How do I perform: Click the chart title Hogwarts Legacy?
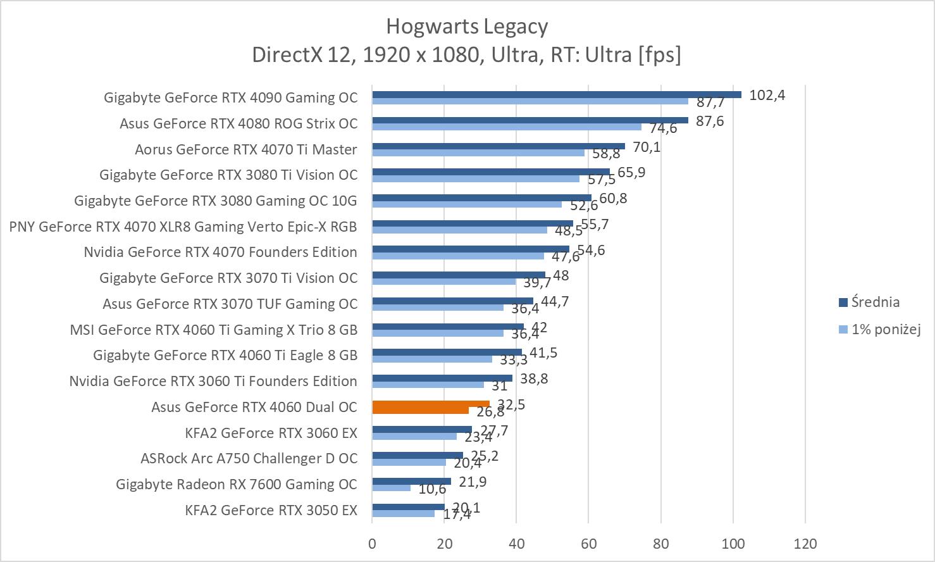pyautogui.click(x=467, y=27)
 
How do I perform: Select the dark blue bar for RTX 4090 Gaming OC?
pyautogui.click(x=556, y=95)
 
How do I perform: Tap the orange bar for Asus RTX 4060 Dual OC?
pyautogui.click(x=430, y=404)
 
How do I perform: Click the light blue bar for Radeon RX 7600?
pyautogui.click(x=392, y=488)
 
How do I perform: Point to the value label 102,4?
pyautogui.click(x=767, y=96)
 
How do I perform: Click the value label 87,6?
pyautogui.click(x=710, y=121)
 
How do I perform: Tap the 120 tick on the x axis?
pyautogui.click(x=805, y=543)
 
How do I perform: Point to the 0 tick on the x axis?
pyautogui.click(x=372, y=543)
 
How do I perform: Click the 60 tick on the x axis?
pyautogui.click(x=588, y=543)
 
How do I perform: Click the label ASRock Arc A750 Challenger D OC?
pyautogui.click(x=249, y=458)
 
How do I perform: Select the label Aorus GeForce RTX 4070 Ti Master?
pyautogui.click(x=245, y=149)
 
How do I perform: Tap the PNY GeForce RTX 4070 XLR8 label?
pyautogui.click(x=183, y=227)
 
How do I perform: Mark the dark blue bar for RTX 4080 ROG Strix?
pyautogui.click(x=529, y=120)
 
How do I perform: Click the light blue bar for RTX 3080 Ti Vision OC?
pyautogui.click(x=475, y=178)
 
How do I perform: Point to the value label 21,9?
pyautogui.click(x=473, y=482)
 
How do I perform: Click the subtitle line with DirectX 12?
pyautogui.click(x=467, y=55)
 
